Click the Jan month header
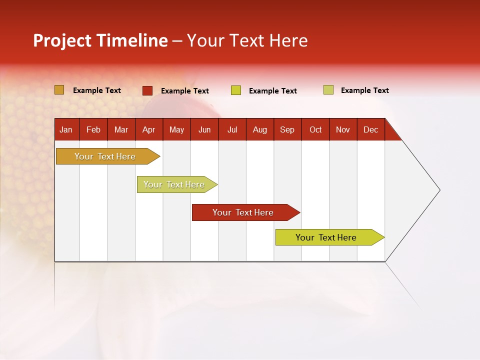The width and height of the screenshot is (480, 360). [66, 129]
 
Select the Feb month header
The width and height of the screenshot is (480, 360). [93, 129]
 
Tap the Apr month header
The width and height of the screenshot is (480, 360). [148, 129]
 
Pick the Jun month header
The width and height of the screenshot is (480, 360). [204, 129]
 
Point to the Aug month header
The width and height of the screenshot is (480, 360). [259, 129]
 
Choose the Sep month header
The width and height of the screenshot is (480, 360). [287, 129]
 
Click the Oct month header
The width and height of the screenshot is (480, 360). [315, 129]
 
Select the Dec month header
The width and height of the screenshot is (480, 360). [370, 129]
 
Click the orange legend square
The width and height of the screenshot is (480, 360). [59, 90]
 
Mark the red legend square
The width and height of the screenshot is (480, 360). [147, 90]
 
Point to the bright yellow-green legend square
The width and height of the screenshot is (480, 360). [236, 90]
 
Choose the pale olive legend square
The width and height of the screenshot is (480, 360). [328, 90]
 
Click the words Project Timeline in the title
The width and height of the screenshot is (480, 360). [100, 40]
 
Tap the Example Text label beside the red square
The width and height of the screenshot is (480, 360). [185, 91]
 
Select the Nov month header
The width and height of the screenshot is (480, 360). [343, 129]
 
